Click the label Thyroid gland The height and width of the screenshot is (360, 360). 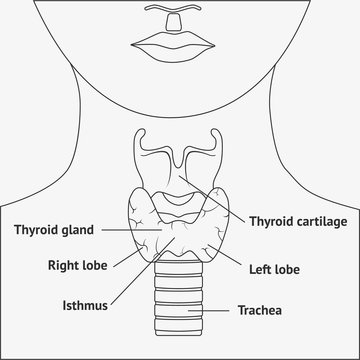click(53, 228)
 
